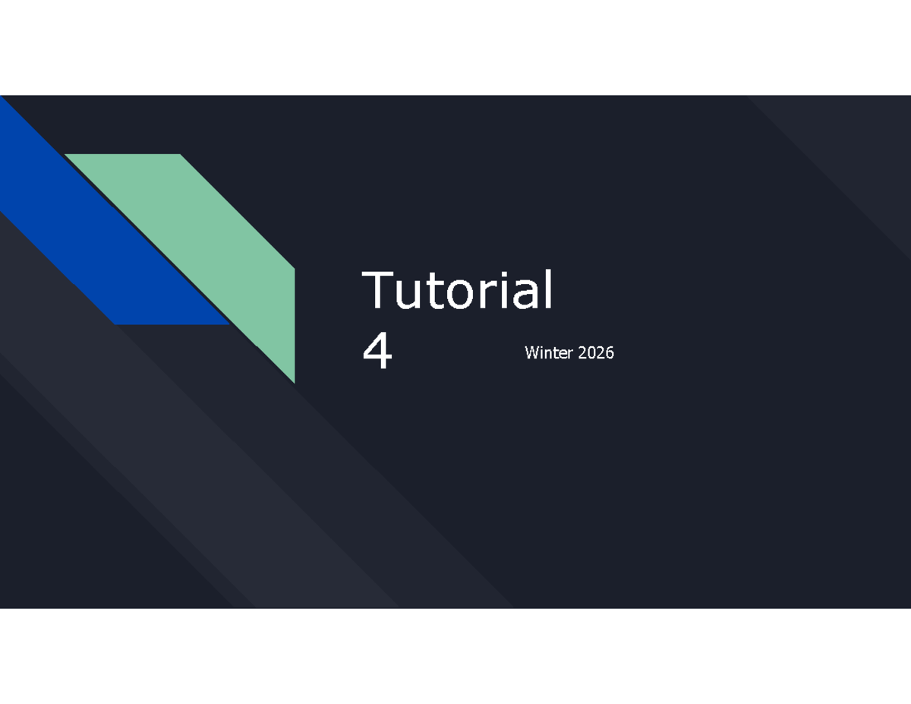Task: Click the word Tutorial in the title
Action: tap(458, 290)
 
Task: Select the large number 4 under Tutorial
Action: tap(377, 352)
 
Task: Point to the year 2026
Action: tap(595, 352)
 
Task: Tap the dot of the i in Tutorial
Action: tap(506, 273)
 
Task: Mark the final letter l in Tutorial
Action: tap(548, 289)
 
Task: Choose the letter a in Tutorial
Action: tap(525, 295)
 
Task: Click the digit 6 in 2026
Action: tap(610, 352)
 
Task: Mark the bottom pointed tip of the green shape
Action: tap(293, 381)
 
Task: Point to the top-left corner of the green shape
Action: tap(67, 156)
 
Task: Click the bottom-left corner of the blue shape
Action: tap(116, 324)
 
